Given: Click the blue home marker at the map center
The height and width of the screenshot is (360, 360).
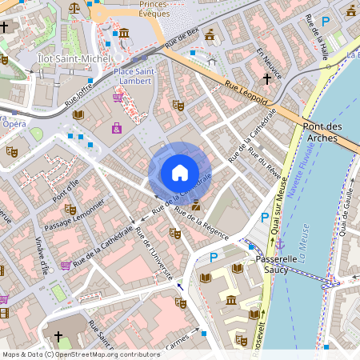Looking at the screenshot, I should [x=179, y=172].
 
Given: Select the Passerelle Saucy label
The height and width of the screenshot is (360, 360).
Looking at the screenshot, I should [x=276, y=266].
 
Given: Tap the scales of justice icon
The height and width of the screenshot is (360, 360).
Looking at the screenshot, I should [x=75, y=7].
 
